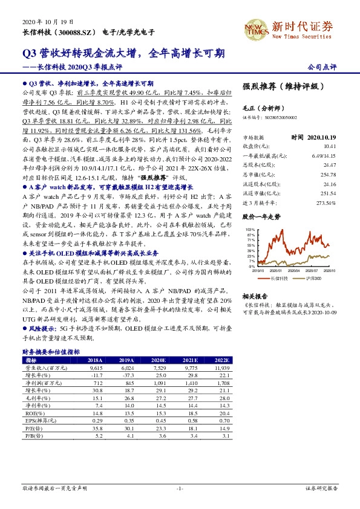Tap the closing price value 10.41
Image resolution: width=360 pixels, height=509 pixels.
click(329, 146)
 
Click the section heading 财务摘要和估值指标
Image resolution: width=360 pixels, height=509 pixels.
click(51, 351)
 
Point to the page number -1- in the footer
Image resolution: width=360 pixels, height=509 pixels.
click(180, 488)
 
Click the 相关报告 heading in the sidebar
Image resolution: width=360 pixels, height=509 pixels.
click(254, 296)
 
